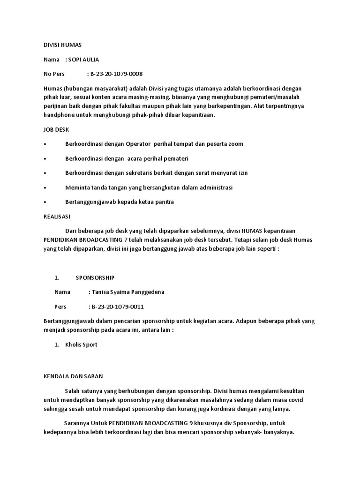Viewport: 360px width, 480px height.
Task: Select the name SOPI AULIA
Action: click(x=84, y=60)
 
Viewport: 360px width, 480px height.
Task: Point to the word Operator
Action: click(x=135, y=144)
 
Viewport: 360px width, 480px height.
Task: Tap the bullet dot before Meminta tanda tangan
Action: click(x=45, y=187)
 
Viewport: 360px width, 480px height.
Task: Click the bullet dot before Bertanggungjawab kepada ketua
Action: click(x=45, y=202)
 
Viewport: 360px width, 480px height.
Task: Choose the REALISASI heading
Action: click(x=57, y=217)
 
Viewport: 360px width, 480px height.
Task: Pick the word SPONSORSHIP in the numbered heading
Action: click(x=95, y=277)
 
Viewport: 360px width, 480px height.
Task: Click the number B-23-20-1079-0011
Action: click(x=117, y=307)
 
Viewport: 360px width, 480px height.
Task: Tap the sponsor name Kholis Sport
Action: click(x=82, y=345)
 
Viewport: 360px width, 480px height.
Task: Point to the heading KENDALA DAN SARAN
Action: click(x=73, y=375)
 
